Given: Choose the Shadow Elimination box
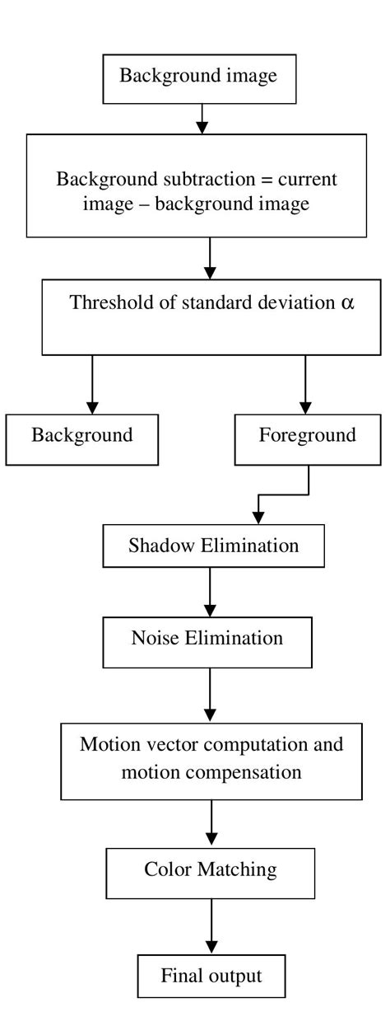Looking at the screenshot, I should coord(213,546).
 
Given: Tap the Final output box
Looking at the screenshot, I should coord(211,977).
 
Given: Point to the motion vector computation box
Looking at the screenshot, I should coord(211,759).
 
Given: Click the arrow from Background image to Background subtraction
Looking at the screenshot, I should coord(202,119).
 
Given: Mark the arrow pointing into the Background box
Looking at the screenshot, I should coord(92,384).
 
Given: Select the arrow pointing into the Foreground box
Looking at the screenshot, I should coord(305,384).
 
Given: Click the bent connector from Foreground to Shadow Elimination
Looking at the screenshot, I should coord(284,495).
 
